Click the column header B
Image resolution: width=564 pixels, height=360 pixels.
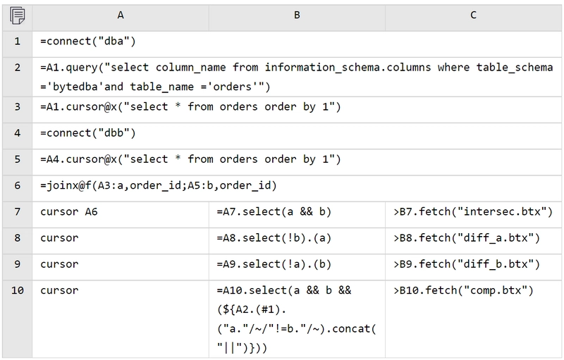297,15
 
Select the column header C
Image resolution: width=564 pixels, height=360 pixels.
473,15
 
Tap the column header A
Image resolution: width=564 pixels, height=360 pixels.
121,15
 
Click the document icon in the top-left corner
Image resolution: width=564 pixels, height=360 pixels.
17,15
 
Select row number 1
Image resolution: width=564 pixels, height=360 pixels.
17,42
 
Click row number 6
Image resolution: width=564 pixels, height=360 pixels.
17,186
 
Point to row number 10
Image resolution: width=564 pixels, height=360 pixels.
17,290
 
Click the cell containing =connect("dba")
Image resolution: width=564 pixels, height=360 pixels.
297,44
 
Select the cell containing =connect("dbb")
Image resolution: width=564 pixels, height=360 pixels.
297,136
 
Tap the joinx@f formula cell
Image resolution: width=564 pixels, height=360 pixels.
297,189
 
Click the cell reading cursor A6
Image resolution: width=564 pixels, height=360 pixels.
121,215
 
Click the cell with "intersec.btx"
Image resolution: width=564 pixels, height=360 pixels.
473,215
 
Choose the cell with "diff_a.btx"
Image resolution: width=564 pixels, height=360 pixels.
473,241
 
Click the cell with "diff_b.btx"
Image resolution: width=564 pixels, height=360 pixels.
473,267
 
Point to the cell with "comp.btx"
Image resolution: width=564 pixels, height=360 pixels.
473,319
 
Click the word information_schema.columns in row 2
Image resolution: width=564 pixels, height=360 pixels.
348,68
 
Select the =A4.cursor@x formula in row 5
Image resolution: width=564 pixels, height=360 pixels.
190,159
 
